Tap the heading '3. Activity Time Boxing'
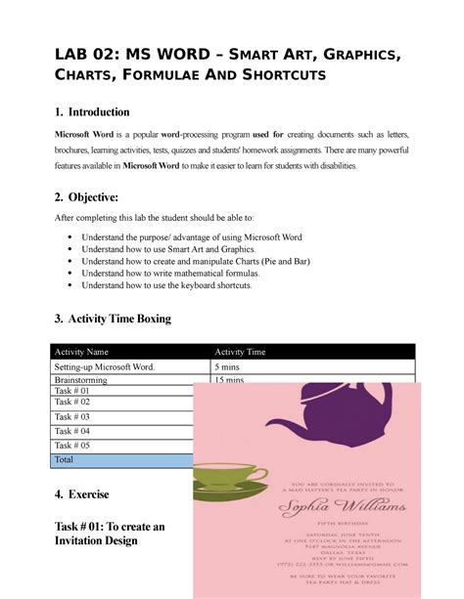coord(113,319)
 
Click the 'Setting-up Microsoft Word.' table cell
coord(105,367)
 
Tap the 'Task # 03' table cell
coord(72,416)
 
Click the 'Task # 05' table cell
coord(72,445)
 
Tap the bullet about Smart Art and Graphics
coord(180,250)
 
